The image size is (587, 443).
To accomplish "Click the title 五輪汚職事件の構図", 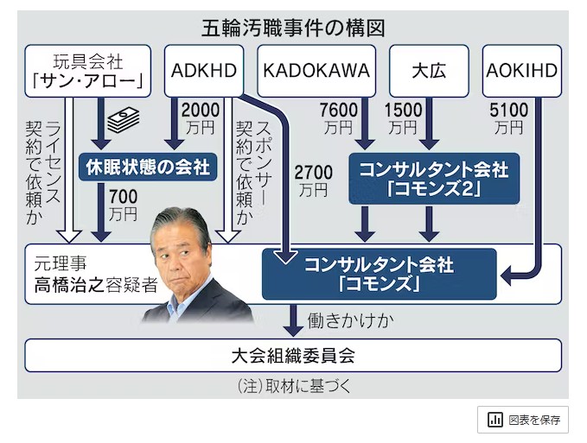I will tap(293, 27).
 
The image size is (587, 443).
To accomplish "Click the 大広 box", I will tap(430, 70).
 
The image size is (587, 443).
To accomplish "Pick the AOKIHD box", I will tap(522, 70).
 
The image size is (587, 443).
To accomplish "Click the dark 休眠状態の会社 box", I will tap(146, 167).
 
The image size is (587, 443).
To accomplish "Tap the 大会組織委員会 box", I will tap(294, 353).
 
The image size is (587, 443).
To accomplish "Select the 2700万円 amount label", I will tap(312, 173).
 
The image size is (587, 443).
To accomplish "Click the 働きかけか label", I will tap(350, 320).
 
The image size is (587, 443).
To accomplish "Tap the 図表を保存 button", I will tap(524, 420).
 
